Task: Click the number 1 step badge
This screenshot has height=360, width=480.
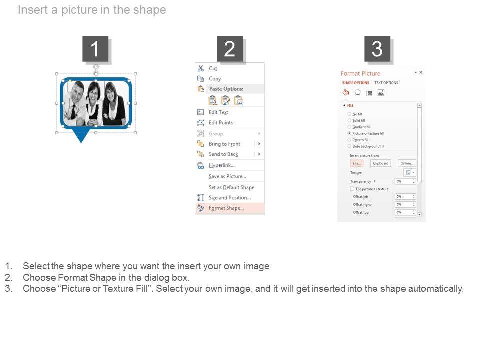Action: pos(95,49)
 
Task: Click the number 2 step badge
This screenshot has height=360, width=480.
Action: pos(230,49)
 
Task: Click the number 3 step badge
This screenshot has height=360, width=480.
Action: pos(377,49)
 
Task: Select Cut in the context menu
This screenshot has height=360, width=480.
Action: pos(213,68)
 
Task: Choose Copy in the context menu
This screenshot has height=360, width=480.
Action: pos(215,79)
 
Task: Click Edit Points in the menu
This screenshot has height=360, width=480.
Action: pos(221,123)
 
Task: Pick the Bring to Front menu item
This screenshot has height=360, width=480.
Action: pos(224,144)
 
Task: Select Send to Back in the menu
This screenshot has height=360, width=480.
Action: pos(223,154)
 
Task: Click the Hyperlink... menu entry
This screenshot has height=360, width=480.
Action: pos(221,165)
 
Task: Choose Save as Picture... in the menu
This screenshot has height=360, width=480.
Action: pos(227,176)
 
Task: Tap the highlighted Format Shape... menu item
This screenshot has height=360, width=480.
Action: pos(226,208)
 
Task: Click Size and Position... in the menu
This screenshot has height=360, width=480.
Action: pos(229,198)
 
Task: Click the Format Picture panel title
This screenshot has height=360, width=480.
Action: pos(360,73)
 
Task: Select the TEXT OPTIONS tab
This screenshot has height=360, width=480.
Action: pos(386,83)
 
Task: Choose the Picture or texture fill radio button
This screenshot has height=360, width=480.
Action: pos(349,134)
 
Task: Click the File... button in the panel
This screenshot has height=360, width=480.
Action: pos(356,163)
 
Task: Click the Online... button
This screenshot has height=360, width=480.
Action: pos(407,163)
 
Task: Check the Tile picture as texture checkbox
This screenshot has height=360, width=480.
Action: pos(352,189)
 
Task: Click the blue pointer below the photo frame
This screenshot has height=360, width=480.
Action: pos(81,135)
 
